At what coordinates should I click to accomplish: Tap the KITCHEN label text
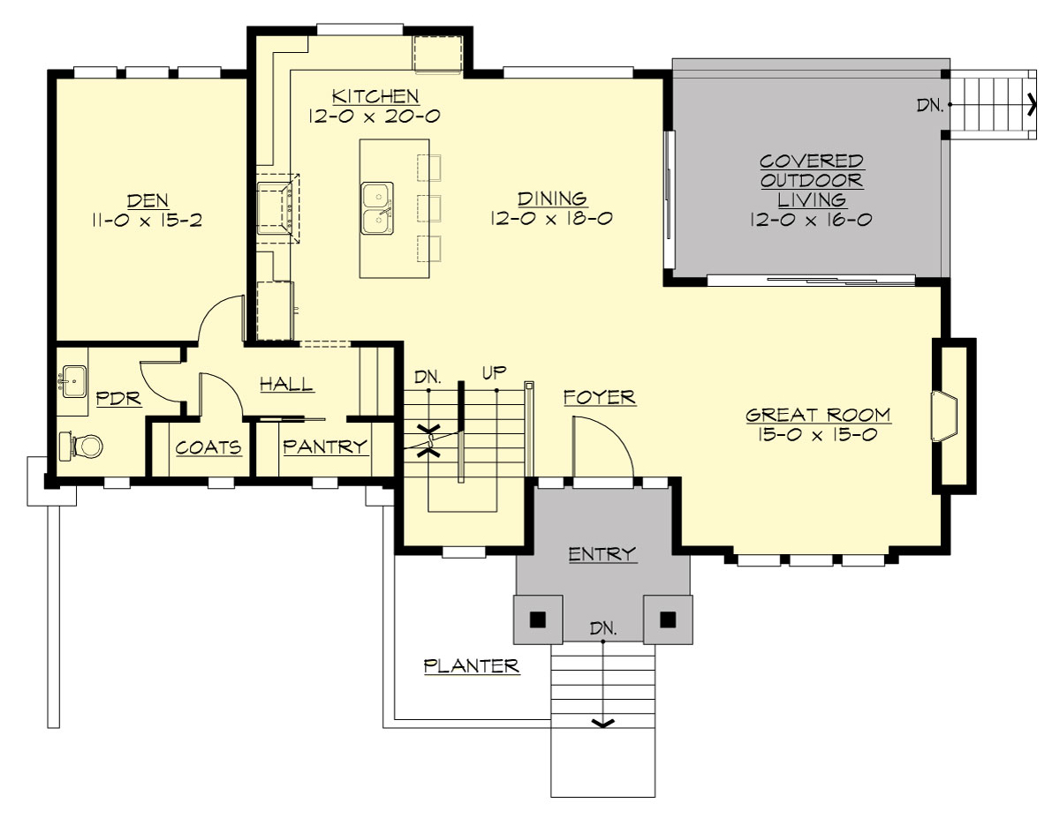point(375,95)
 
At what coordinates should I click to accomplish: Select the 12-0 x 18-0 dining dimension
point(552,218)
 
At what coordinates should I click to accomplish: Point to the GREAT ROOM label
point(818,415)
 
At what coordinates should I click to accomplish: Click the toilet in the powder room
point(80,447)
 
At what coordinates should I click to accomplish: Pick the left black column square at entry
point(536,619)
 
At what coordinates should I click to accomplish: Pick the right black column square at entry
point(668,619)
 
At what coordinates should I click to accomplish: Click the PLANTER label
point(471,666)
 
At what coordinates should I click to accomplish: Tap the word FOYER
point(600,398)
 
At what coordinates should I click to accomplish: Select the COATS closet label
point(208,447)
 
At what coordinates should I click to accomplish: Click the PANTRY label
point(324,447)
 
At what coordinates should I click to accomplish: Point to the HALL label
point(285,384)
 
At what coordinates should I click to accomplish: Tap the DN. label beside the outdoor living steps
point(930,105)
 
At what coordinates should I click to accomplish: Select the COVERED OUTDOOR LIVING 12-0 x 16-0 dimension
point(811,219)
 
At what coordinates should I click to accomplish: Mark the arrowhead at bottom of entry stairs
point(602,724)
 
